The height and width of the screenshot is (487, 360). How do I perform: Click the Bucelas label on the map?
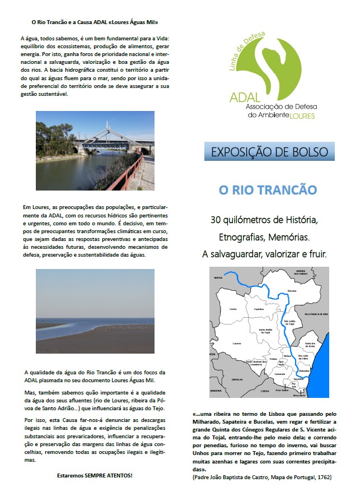291,291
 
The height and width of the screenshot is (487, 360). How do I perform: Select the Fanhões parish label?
258,309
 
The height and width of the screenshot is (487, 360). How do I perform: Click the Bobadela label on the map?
305,371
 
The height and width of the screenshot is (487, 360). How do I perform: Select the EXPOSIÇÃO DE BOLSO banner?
269,151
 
